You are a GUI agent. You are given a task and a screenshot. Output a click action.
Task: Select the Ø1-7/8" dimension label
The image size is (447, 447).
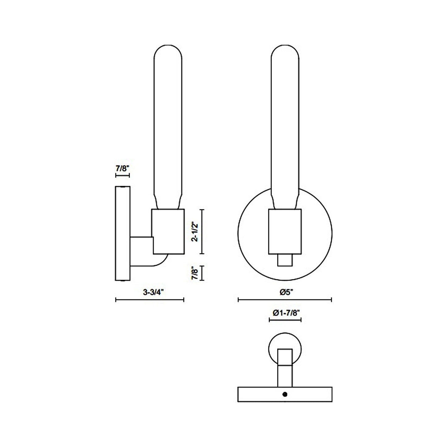285,313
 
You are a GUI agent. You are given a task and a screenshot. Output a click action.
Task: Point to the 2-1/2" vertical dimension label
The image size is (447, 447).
195,231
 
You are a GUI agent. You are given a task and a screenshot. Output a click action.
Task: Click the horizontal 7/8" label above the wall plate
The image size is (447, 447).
122,169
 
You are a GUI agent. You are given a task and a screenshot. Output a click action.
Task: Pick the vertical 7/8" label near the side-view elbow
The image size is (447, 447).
195,273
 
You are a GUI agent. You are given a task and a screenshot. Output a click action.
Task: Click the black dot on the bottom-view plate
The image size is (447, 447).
285,394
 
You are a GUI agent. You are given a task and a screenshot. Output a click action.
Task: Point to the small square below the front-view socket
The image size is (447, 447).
285,260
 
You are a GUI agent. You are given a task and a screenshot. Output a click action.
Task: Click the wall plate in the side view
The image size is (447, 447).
122,234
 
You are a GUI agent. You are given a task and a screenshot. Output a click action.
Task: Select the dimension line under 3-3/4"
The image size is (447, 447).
150,299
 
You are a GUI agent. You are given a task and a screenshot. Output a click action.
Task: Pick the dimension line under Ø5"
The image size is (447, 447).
285,299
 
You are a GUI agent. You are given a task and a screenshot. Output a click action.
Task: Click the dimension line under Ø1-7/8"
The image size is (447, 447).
285,320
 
